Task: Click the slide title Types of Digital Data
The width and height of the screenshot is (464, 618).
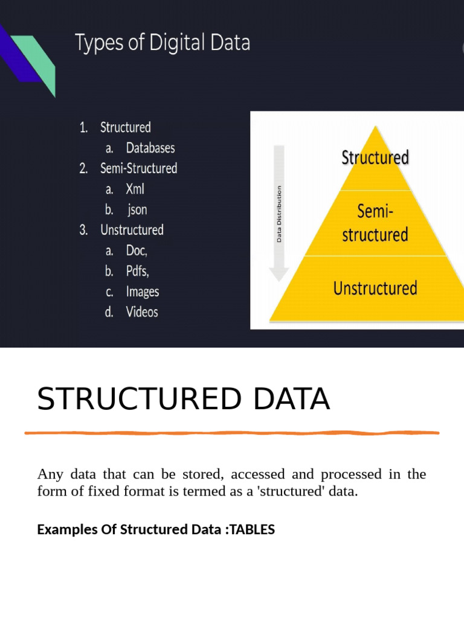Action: (x=162, y=43)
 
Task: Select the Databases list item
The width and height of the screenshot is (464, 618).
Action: (x=150, y=148)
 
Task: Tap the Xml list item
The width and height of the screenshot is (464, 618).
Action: (x=135, y=189)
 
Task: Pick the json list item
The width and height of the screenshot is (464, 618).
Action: (x=137, y=210)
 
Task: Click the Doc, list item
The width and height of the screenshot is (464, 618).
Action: (x=137, y=250)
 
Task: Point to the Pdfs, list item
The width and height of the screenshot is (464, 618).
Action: (x=137, y=271)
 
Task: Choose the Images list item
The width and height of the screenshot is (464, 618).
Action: (x=143, y=291)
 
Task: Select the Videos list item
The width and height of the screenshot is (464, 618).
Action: (x=142, y=312)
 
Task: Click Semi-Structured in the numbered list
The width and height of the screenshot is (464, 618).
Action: (x=138, y=168)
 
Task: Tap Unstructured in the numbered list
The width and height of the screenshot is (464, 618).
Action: (x=132, y=230)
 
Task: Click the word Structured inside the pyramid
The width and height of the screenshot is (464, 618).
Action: (x=375, y=158)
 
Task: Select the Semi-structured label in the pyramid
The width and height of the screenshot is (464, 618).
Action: (x=375, y=223)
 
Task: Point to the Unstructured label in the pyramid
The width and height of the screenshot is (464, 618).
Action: (x=375, y=288)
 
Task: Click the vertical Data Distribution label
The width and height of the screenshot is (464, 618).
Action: (x=279, y=214)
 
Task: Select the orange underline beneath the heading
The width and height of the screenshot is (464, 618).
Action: (x=232, y=433)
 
